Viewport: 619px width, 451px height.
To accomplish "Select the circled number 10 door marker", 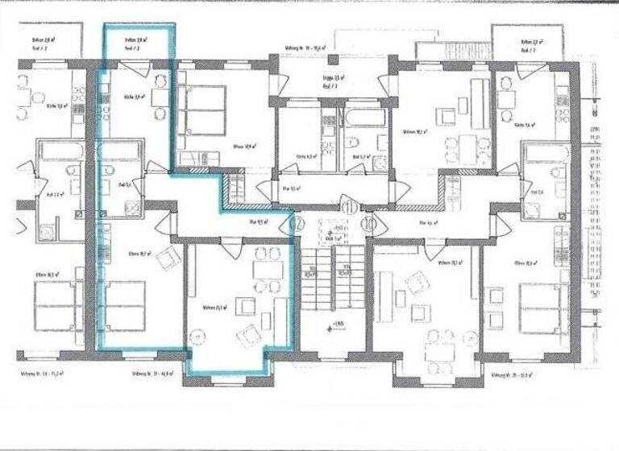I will click(368, 225).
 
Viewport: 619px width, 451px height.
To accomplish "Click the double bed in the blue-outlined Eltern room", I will click(125, 305).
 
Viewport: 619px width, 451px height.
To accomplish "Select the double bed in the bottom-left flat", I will click(54, 305).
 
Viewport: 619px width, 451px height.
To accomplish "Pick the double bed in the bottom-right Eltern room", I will click(542, 306).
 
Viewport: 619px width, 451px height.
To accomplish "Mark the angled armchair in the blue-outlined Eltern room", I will click(168, 258).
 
